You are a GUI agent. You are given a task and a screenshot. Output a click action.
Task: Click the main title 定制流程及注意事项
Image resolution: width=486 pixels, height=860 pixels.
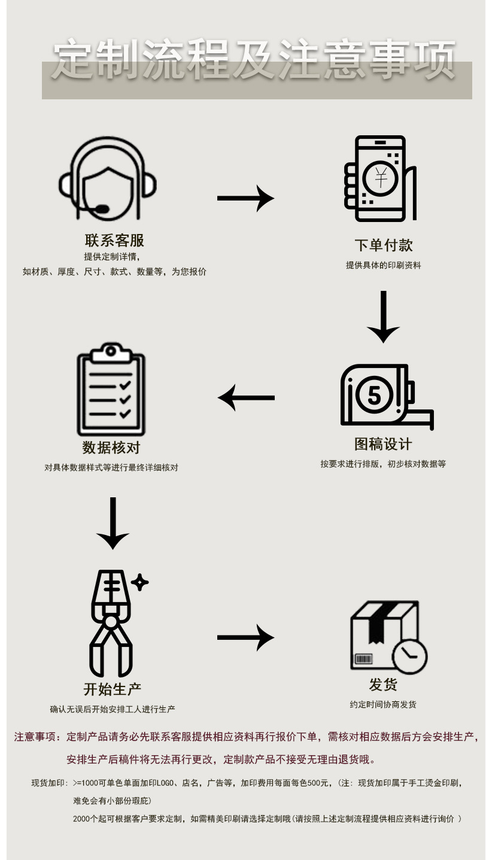[254, 60]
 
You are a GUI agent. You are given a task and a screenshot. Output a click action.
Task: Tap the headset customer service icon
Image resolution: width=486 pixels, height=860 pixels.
[108, 178]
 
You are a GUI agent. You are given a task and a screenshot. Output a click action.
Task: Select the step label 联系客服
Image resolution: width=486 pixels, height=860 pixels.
[114, 241]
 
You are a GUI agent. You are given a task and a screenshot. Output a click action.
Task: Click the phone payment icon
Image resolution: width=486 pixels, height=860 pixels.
[380, 178]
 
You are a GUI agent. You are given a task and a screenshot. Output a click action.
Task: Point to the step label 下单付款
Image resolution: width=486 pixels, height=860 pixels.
[383, 245]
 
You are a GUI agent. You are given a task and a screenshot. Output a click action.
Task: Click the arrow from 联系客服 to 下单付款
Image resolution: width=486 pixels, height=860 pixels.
[245, 198]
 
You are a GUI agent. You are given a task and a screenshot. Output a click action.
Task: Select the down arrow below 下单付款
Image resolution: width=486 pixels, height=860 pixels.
[383, 317]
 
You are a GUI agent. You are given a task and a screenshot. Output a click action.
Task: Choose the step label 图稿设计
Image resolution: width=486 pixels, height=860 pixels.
[383, 444]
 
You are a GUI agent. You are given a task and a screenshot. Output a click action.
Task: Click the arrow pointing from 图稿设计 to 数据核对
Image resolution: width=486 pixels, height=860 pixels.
[246, 397]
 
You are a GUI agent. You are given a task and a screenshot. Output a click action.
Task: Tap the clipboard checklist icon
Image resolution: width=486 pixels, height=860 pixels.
[111, 390]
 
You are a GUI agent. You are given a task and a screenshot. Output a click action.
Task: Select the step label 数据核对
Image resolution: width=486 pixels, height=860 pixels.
[111, 448]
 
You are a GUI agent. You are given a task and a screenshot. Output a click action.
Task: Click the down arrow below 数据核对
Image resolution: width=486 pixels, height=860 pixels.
[113, 523]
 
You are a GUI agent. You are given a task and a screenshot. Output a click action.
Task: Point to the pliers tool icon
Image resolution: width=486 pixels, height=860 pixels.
[113, 622]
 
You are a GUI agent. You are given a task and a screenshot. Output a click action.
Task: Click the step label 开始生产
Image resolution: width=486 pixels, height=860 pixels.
[113, 689]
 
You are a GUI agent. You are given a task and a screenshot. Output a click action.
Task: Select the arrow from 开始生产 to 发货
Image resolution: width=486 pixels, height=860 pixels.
[245, 637]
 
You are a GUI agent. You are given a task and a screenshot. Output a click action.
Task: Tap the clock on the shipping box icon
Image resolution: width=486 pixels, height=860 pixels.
[410, 657]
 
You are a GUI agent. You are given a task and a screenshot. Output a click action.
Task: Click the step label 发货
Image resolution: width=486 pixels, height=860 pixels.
[383, 685]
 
